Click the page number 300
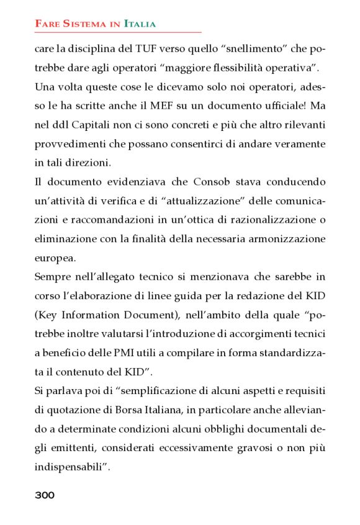pos(45,495)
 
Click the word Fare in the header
pos(47,24)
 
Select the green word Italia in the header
pos(140,24)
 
